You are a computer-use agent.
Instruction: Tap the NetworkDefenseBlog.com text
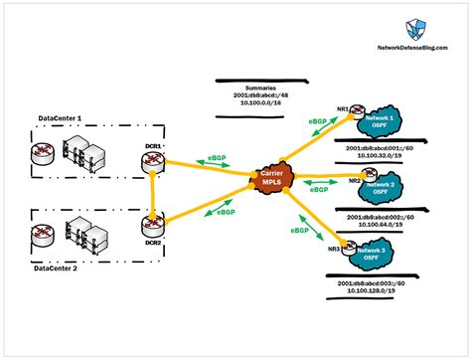point(410,48)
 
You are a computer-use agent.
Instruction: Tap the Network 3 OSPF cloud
point(393,252)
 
